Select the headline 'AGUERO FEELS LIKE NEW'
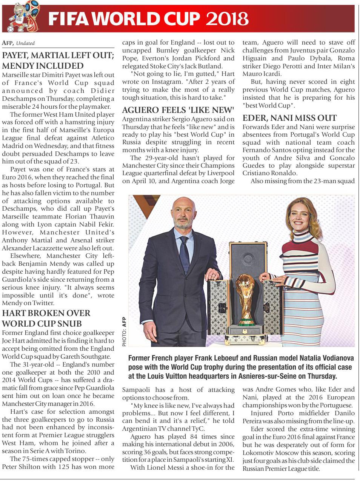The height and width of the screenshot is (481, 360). tap(178, 110)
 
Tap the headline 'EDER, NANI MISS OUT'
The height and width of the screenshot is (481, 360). tap(289, 118)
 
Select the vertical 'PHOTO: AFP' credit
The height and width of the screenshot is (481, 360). tap(125, 331)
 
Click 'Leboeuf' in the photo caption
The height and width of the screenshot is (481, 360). tap(245, 358)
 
